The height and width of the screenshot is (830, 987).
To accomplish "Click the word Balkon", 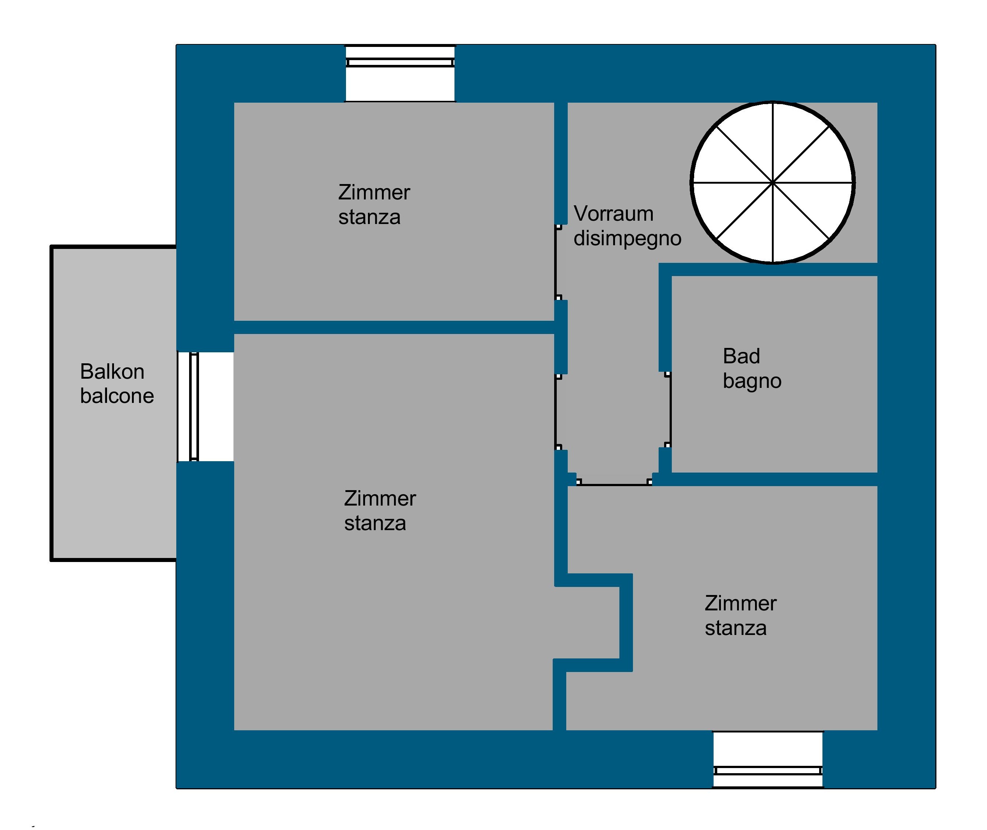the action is [x=112, y=372].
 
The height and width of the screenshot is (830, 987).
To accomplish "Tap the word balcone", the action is [x=117, y=396].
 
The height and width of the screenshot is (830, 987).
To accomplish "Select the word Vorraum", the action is [x=614, y=214].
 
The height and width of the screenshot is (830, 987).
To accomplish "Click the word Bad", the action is [x=741, y=357].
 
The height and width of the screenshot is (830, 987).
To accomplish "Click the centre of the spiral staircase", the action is [x=773, y=183].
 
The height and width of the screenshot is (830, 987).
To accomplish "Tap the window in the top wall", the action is [x=400, y=73].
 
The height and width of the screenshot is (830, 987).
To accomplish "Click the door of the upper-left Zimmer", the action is [x=558, y=262].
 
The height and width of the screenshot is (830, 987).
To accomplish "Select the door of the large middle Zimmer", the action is [x=558, y=412].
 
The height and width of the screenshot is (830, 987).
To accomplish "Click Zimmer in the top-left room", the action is [x=374, y=193].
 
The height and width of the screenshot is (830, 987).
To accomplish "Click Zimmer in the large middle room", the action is [x=380, y=499].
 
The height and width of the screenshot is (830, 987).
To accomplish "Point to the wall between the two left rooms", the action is [x=394, y=327].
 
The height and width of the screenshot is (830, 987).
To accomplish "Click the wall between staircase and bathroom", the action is [x=768, y=269].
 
